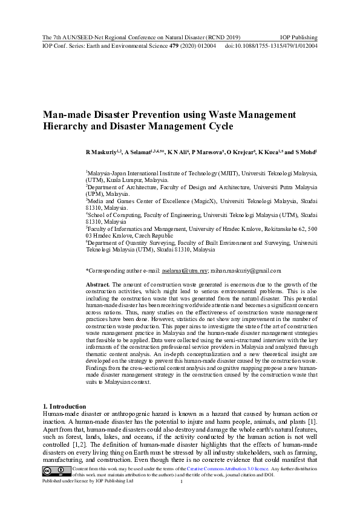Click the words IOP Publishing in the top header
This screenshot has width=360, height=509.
pyautogui.click(x=299, y=37)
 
